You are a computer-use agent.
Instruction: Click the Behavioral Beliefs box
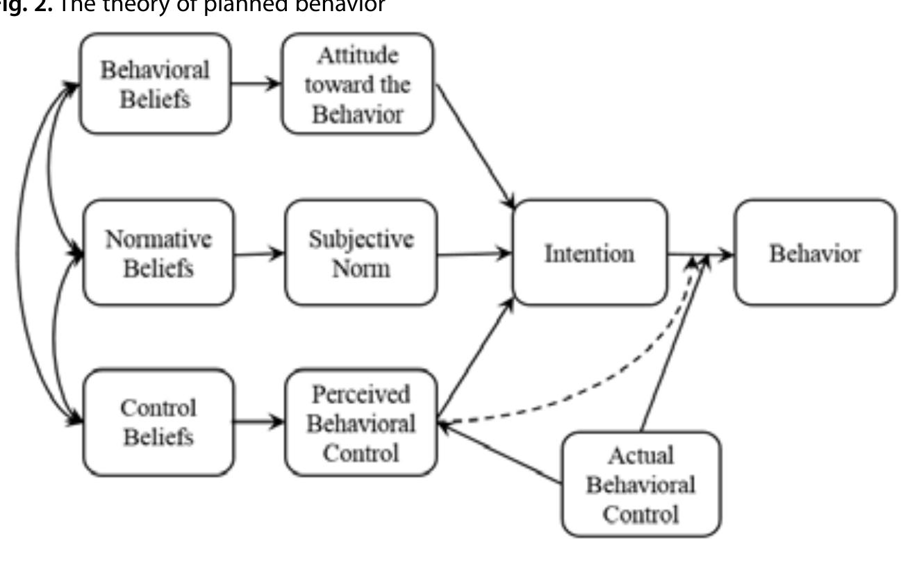155,83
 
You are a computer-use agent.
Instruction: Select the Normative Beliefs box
158,253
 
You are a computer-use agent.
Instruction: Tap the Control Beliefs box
158,422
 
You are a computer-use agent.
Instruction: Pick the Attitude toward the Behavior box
358,84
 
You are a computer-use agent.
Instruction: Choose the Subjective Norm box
361,253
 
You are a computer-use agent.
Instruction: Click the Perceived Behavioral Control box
361,423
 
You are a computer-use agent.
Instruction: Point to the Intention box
589,253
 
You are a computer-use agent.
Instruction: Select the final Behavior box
815,253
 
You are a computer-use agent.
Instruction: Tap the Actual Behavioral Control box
640,485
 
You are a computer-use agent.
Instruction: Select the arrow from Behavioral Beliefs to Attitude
256,83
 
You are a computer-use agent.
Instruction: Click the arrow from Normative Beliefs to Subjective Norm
259,254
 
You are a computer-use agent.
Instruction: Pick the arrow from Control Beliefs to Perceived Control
259,421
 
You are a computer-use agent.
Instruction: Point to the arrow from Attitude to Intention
475,147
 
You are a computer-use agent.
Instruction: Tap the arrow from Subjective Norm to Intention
475,254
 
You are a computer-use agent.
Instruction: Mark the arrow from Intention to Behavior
700,255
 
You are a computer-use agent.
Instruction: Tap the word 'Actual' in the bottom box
640,455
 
